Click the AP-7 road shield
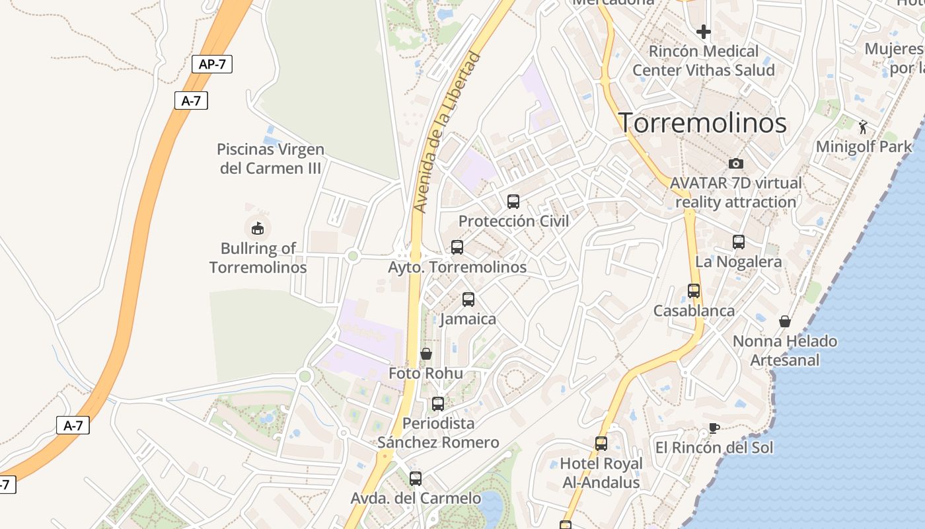[x=212, y=64]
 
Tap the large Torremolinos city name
[x=702, y=123]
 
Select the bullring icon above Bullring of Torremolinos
[x=258, y=229]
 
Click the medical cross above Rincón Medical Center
[x=704, y=31]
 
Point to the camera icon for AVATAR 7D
[x=735, y=163]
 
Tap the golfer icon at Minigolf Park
[x=863, y=127]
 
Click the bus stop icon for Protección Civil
[x=513, y=202]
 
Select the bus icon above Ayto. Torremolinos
[x=457, y=247]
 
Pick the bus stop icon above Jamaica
[x=468, y=300]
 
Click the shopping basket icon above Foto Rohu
[x=426, y=354]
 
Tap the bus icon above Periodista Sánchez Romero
[x=437, y=403]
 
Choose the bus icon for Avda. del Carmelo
[x=416, y=479]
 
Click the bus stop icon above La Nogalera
[x=739, y=242]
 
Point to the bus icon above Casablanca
[x=694, y=291]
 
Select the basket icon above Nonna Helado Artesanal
[x=785, y=321]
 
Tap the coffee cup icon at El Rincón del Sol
[x=714, y=428]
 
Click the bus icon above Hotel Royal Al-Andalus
[x=601, y=444]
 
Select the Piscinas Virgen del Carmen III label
[x=270, y=159]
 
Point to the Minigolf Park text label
[x=864, y=146]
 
